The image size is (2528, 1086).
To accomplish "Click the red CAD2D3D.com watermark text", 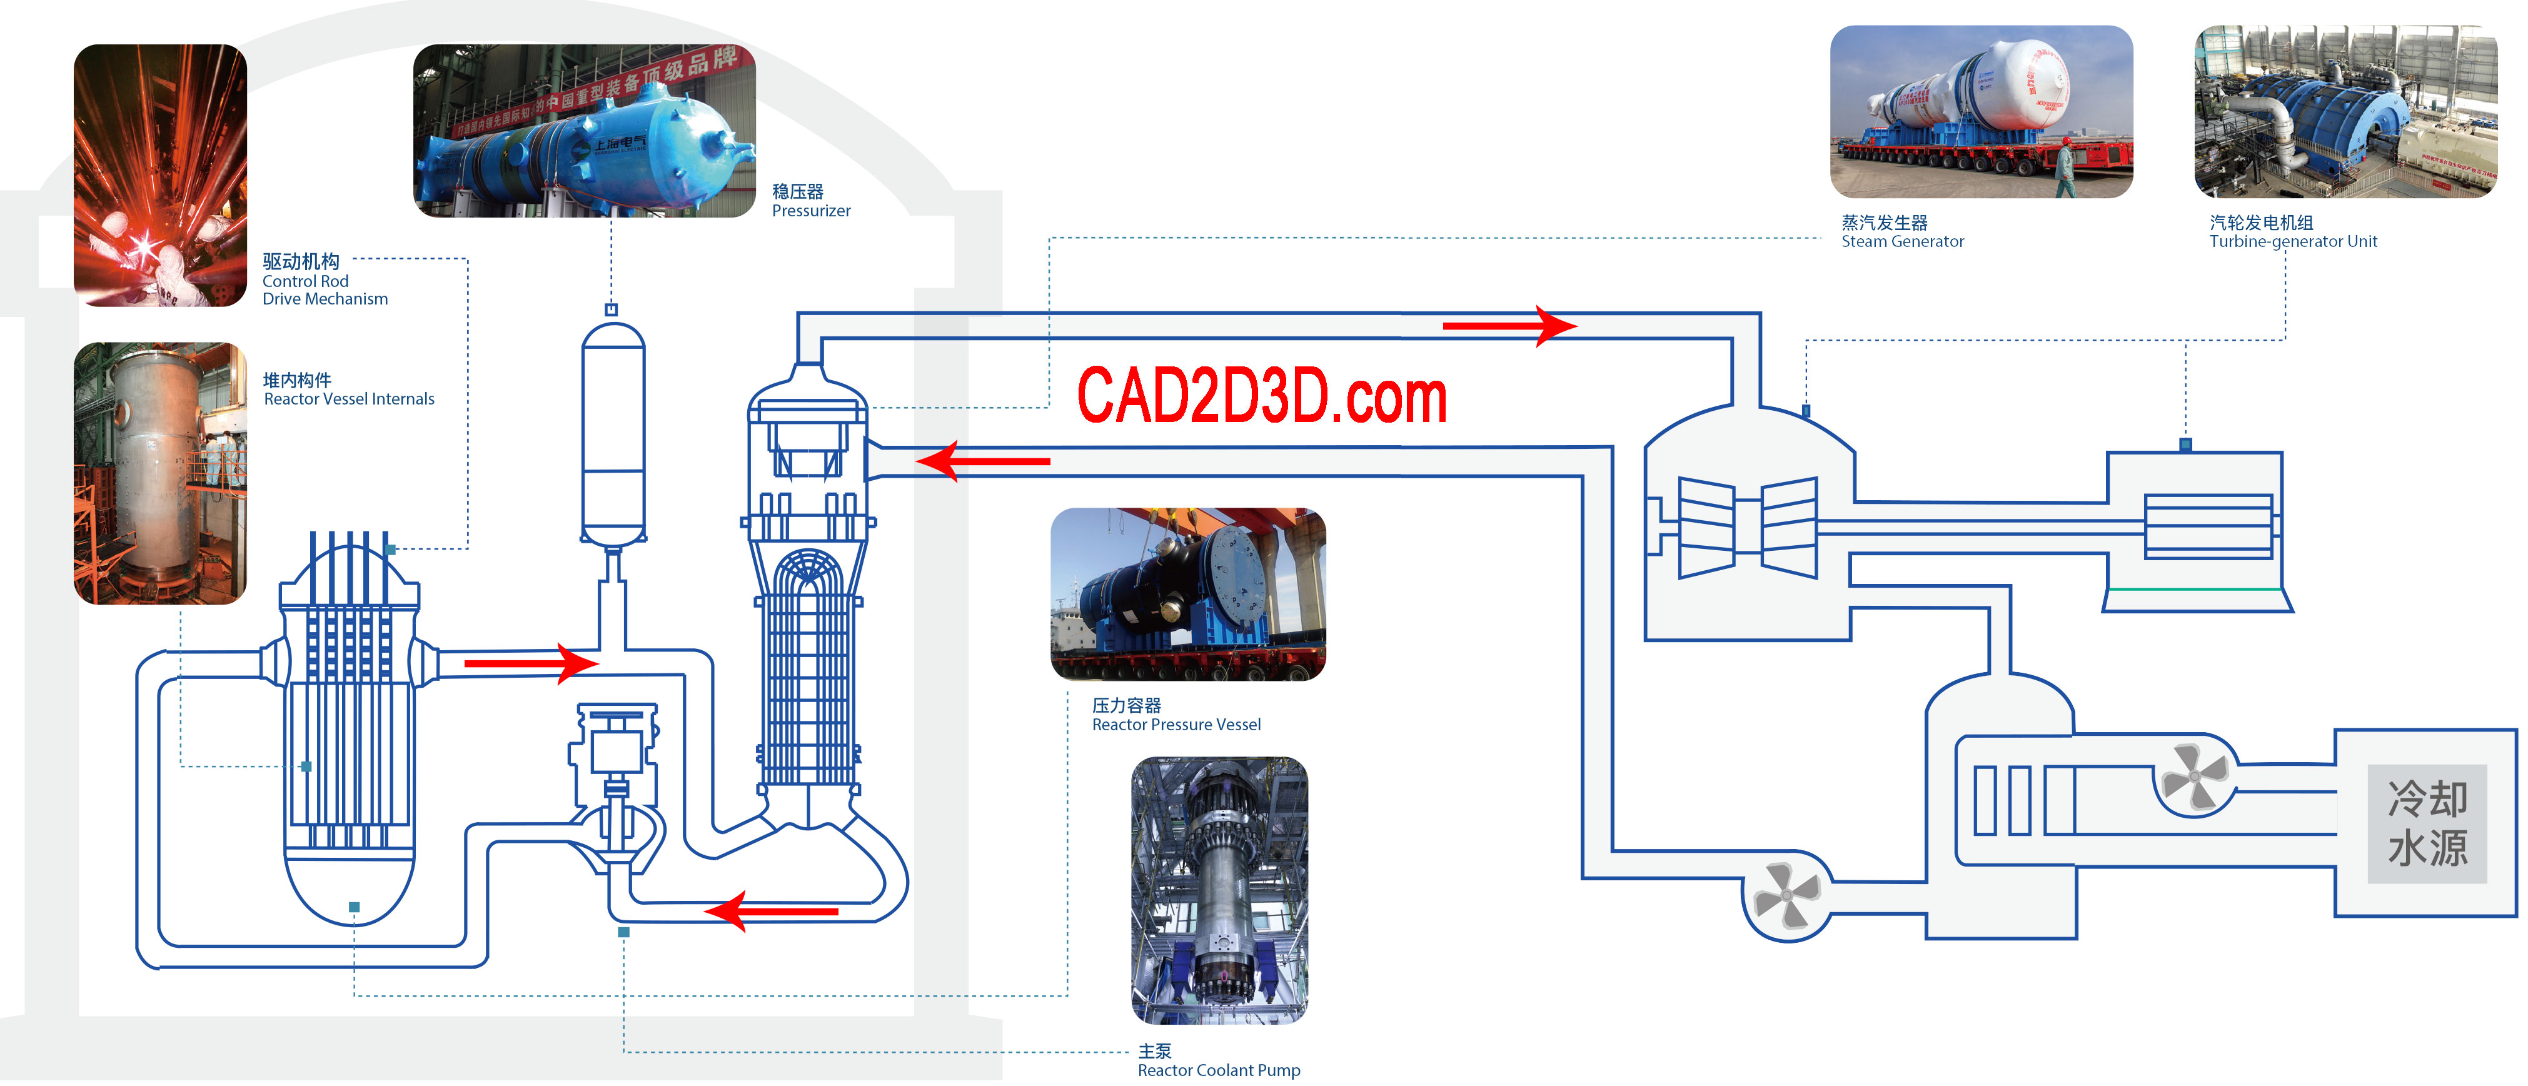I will pyautogui.click(x=1262, y=396).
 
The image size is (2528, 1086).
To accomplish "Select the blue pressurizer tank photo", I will pyautogui.click(x=584, y=131).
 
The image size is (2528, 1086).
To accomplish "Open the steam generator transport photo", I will pyautogui.click(x=1982, y=111).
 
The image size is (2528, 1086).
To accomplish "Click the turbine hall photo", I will pyautogui.click(x=2345, y=111).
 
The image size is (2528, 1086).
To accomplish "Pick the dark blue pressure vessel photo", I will pyautogui.click(x=1187, y=593).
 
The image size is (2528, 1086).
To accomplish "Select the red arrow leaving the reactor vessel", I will pyautogui.click(x=530, y=664).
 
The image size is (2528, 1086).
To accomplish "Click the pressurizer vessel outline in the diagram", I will pyautogui.click(x=613, y=431).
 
